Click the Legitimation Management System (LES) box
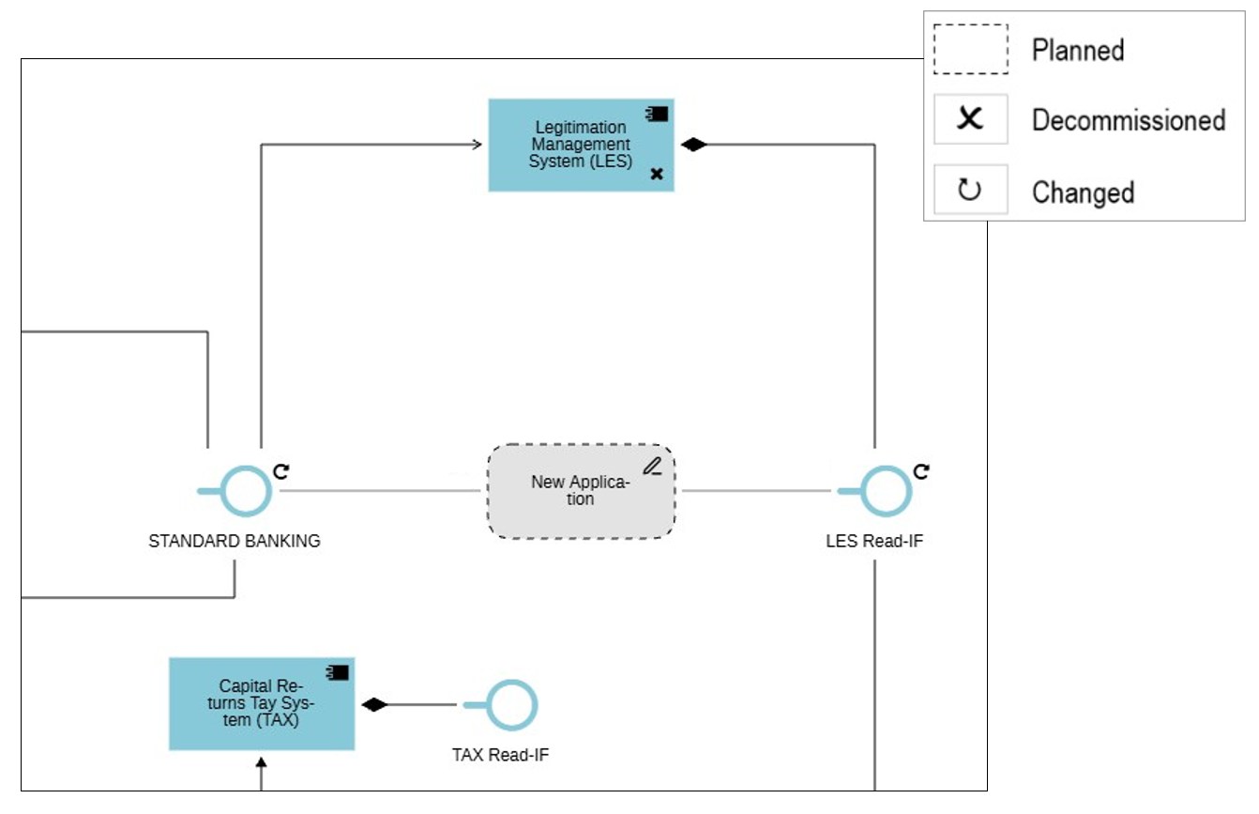[581, 146]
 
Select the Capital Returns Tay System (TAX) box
[262, 704]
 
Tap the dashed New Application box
[581, 491]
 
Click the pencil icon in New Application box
[653, 465]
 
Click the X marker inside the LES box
[657, 174]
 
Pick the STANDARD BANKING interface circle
[247, 491]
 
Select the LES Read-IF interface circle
[886, 491]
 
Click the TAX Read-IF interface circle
[511, 705]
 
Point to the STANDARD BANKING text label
[235, 542]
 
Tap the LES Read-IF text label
[874, 542]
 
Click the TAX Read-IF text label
[500, 755]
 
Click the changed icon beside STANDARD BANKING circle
[281, 470]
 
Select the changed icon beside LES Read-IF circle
[921, 470]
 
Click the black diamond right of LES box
[693, 145]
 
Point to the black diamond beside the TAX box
[375, 705]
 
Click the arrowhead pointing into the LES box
[477, 145]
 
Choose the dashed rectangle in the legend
[970, 49]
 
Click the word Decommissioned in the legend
[1129, 120]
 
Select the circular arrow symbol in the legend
[969, 191]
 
